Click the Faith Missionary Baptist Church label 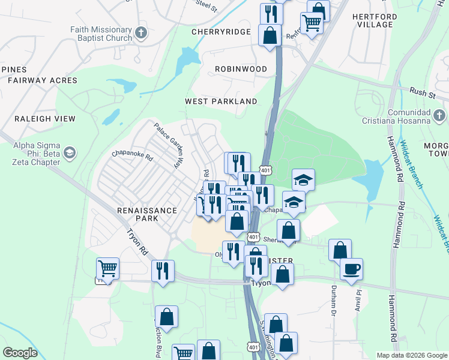pos(100,34)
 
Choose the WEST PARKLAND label pos(221,101)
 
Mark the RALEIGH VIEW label pos(37,119)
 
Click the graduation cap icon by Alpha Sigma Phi pos(70,153)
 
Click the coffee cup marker pos(351,268)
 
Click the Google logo pos(20,353)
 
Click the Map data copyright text pos(411,355)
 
